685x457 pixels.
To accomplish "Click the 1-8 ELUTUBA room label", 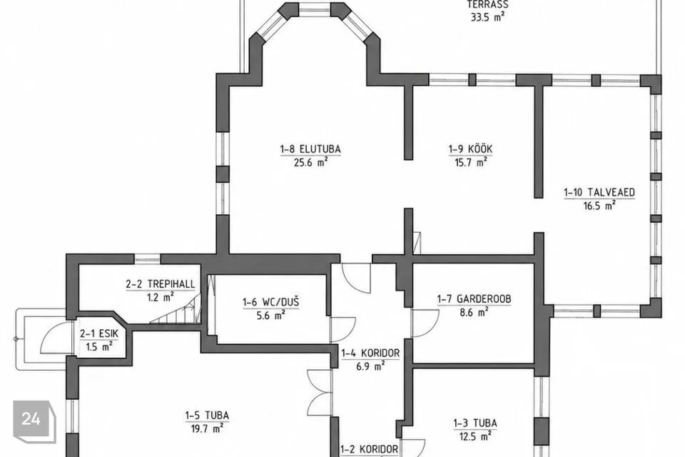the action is (310, 149).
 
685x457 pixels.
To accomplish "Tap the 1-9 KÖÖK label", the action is (470, 149).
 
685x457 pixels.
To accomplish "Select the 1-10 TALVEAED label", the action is (599, 192).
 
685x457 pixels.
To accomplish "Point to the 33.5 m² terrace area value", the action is (487, 17).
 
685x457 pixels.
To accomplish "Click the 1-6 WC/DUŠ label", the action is (271, 302).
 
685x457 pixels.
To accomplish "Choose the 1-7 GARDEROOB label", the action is (474, 299).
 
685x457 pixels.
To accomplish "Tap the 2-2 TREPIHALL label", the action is (161, 283).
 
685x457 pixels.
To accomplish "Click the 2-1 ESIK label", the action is (99, 333).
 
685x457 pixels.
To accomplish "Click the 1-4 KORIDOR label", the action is (370, 353).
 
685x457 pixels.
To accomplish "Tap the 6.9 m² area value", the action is (370, 366).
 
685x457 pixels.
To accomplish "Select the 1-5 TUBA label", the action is (207, 415).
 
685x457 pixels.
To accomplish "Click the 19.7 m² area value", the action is (207, 428).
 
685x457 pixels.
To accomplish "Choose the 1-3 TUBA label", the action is (475, 423).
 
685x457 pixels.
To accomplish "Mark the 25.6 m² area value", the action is (310, 162).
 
